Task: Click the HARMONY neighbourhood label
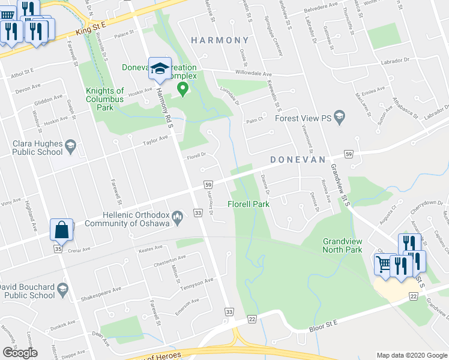[220, 40]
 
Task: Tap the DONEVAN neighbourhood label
[297, 160]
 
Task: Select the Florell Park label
[249, 205]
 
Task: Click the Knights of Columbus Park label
[104, 100]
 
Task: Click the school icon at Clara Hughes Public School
[70, 146]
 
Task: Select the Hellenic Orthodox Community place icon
[177, 216]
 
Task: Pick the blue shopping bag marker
[62, 230]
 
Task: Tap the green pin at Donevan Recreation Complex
[182, 90]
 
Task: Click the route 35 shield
[58, 248]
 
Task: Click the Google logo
[20, 353]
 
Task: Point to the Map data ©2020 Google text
[411, 355]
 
